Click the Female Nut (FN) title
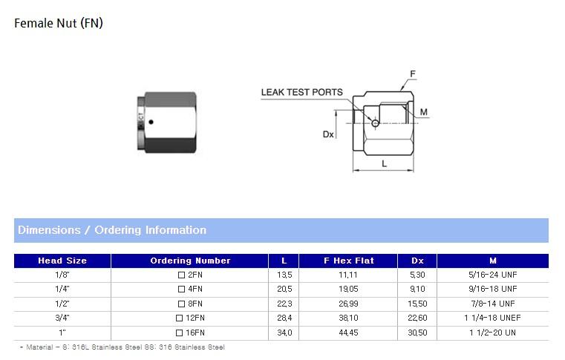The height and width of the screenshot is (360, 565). click(59, 24)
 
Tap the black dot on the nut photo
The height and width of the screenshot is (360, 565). click(151, 122)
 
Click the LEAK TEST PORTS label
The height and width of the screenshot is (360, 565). click(301, 92)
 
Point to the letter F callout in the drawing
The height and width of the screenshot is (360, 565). click(413, 74)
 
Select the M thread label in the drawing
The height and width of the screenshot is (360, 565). click(424, 112)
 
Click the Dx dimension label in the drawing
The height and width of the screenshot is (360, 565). click(328, 134)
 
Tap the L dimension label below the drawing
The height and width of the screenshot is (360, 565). click(384, 164)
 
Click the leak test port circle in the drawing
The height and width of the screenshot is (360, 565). click(375, 123)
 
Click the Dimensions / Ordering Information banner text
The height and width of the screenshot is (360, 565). click(112, 230)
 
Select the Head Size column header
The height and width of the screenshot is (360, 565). click(62, 261)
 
